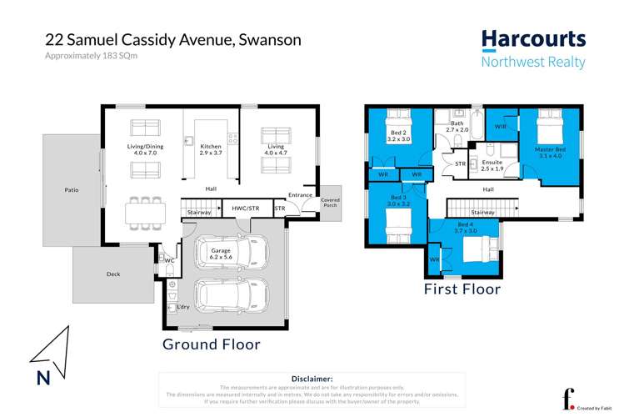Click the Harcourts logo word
533,39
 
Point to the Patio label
72,190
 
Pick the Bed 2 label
398,136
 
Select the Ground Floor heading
211,344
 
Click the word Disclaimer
312,378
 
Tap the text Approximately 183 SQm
90,56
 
